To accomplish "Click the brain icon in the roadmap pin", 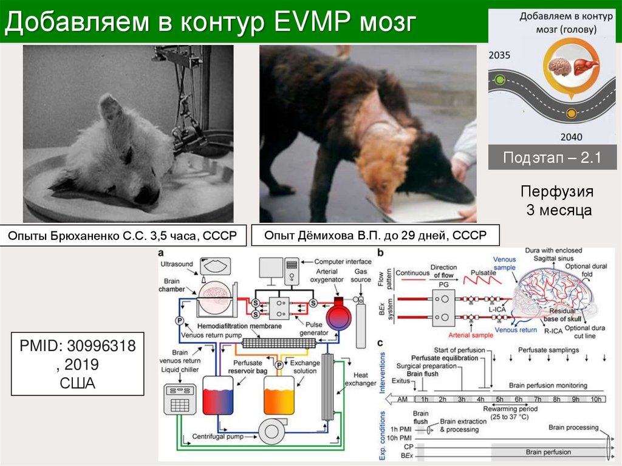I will point(557,65).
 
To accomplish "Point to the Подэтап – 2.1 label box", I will point(552,159).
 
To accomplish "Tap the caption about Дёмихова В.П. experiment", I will point(375,235).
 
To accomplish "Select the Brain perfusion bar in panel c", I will point(549,452).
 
